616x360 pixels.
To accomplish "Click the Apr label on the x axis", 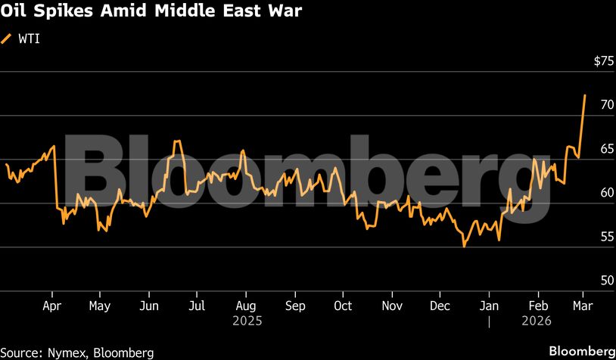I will tap(51, 306).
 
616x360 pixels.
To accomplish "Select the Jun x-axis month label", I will tap(149, 306).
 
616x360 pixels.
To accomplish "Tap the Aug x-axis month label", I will tap(245, 306).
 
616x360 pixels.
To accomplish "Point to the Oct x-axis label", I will tap(343, 306).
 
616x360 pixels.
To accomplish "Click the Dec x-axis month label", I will tap(440, 306).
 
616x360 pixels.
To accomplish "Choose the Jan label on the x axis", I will tap(490, 306).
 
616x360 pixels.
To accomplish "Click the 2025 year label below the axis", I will tap(245, 321).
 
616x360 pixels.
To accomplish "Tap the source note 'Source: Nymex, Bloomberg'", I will tap(77, 352).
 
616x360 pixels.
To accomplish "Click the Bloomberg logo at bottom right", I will tap(581, 352).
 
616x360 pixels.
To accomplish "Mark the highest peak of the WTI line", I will tap(585, 95).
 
